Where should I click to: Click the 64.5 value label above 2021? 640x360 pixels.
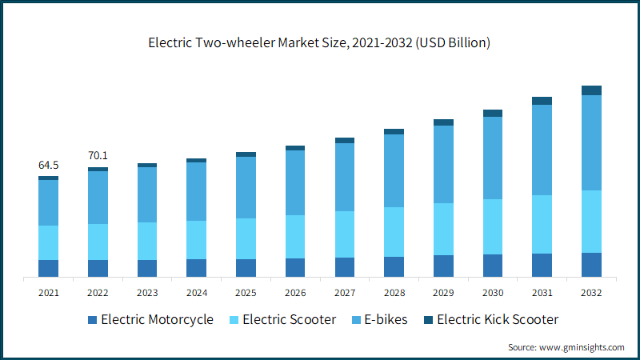pyautogui.click(x=48, y=165)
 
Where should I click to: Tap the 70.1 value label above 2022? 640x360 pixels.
pyautogui.click(x=98, y=155)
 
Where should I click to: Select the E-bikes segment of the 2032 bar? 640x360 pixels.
pyautogui.click(x=591, y=143)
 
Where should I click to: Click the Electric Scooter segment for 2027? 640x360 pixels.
pyautogui.click(x=345, y=234)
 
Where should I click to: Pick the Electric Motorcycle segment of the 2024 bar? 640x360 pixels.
pyautogui.click(x=196, y=268)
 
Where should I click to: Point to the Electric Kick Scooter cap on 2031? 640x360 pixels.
pyautogui.click(x=542, y=101)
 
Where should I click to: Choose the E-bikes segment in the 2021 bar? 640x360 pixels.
pyautogui.click(x=48, y=203)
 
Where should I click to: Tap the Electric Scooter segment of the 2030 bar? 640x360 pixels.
pyautogui.click(x=493, y=227)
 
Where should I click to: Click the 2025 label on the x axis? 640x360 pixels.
pyautogui.click(x=246, y=293)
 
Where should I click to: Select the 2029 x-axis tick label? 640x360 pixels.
pyautogui.click(x=443, y=293)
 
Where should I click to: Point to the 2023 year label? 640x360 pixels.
pyautogui.click(x=147, y=293)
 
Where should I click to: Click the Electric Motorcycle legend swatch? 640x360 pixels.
pyautogui.click(x=93, y=320)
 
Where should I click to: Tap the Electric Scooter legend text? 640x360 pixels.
pyautogui.click(x=290, y=319)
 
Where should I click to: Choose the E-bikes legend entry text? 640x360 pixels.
pyautogui.click(x=386, y=319)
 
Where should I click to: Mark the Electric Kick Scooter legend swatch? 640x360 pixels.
pyautogui.click(x=429, y=320)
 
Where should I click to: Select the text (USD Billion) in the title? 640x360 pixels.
pyautogui.click(x=453, y=43)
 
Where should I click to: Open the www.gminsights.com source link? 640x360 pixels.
pyautogui.click(x=582, y=347)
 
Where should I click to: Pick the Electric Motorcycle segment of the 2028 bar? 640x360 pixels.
pyautogui.click(x=394, y=267)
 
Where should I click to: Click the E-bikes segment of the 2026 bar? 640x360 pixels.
pyautogui.click(x=295, y=183)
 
